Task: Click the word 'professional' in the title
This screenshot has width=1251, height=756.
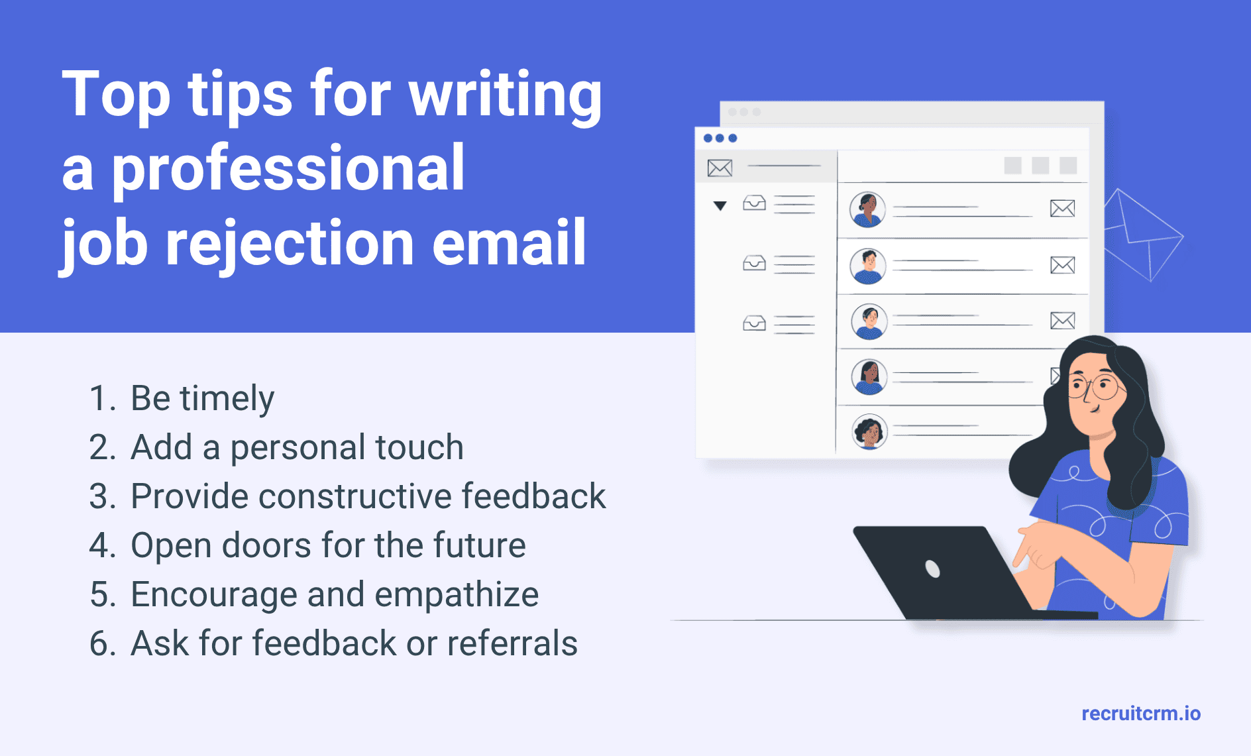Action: point(288,170)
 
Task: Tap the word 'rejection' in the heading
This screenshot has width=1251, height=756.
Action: point(290,243)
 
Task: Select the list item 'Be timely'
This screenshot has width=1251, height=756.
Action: point(202,398)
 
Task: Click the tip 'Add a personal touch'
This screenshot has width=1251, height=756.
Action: point(297,447)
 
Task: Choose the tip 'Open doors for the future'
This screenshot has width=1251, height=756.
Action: point(328,545)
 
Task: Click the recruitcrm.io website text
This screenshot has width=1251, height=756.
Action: point(1141,714)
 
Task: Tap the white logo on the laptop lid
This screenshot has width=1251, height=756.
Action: point(932,568)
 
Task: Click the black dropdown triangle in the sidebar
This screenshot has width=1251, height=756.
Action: point(720,205)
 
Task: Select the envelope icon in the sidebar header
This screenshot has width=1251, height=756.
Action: point(720,168)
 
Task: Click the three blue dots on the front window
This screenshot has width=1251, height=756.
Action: point(720,138)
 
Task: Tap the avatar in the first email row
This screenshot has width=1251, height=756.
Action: point(868,209)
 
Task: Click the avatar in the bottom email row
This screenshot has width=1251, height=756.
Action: point(869,431)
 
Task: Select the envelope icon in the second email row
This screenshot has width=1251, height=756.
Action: point(1063,265)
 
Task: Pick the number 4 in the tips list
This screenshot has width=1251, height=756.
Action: point(103,545)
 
